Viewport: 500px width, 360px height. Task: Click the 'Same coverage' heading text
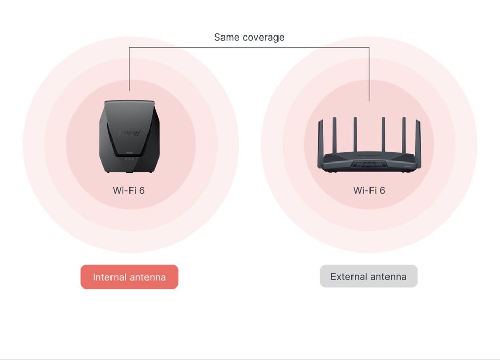[249, 38]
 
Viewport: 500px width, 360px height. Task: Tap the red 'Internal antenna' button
[129, 277]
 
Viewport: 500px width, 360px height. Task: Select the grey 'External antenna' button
[368, 276]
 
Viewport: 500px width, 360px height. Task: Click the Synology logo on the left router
[129, 132]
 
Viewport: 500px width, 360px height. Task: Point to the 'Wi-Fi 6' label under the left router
[128, 190]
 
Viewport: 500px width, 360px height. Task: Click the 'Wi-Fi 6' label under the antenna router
[369, 190]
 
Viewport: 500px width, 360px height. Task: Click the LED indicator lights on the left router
[129, 158]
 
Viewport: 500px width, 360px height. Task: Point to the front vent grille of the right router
[369, 165]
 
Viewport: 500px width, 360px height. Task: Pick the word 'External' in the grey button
[346, 276]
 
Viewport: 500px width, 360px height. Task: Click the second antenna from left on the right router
[335, 135]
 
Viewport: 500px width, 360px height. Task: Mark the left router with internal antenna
[129, 137]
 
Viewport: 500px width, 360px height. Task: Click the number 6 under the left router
[142, 190]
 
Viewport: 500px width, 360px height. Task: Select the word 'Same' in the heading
[227, 38]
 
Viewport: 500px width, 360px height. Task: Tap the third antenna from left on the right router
[355, 134]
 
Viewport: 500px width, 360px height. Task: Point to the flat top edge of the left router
[129, 102]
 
